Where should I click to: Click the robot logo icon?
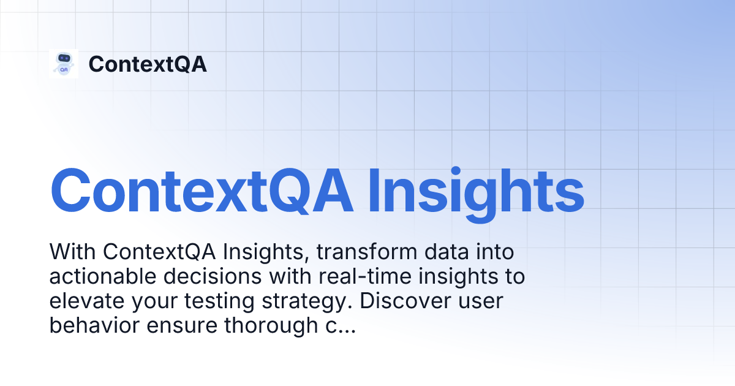point(64,64)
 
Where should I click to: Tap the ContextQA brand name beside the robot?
point(148,64)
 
